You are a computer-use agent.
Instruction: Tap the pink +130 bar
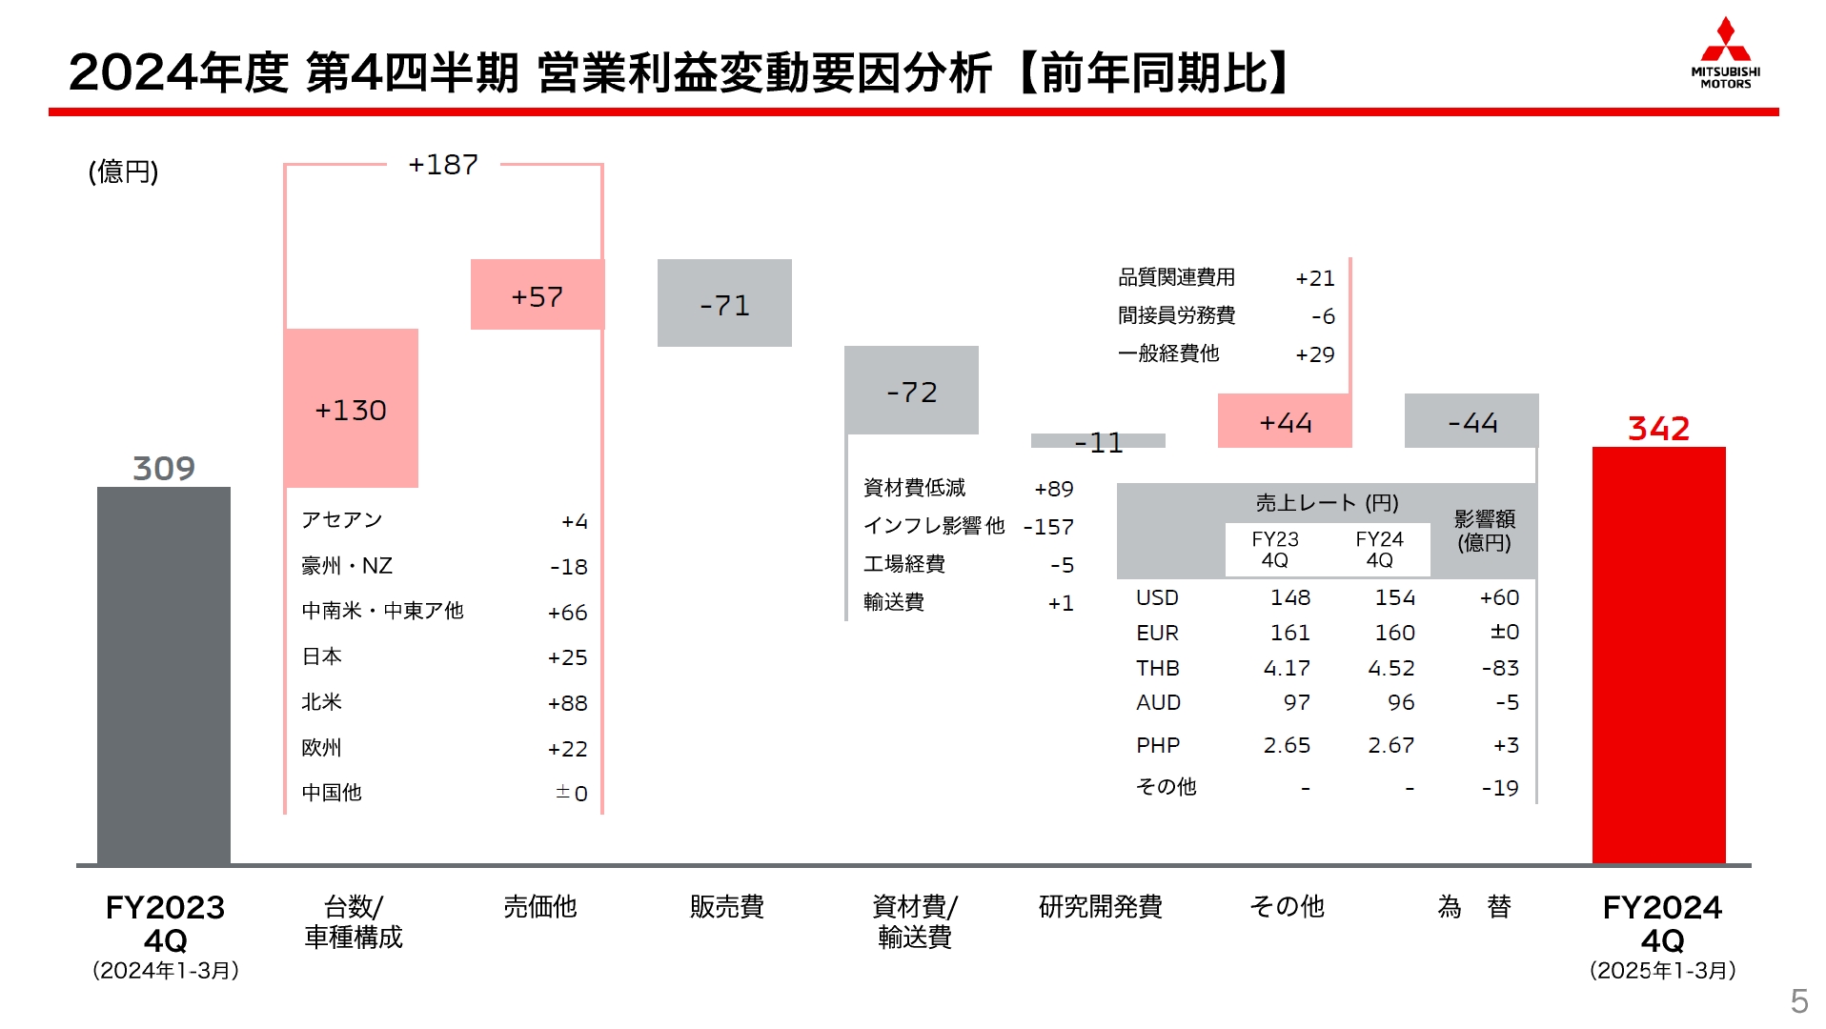pyautogui.click(x=351, y=409)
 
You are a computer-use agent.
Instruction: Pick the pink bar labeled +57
pyautogui.click(x=537, y=295)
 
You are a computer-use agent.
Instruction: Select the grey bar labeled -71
pyautogui.click(x=724, y=303)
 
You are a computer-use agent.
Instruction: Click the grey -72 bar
pyautogui.click(x=911, y=391)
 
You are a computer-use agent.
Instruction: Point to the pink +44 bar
pyautogui.click(x=1285, y=421)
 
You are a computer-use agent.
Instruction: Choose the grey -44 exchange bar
pyautogui.click(x=1471, y=421)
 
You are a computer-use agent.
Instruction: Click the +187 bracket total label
pyautogui.click(x=443, y=165)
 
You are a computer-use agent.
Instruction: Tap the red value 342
pyautogui.click(x=1658, y=428)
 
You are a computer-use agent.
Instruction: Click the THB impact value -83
pyautogui.click(x=1500, y=668)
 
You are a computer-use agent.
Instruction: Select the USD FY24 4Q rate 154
pyautogui.click(x=1394, y=597)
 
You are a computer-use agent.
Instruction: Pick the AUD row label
pyautogui.click(x=1158, y=702)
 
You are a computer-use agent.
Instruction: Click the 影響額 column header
pyautogui.click(x=1484, y=531)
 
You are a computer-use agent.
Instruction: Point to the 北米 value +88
pyautogui.click(x=567, y=703)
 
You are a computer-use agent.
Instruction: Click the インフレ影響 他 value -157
pyautogui.click(x=1048, y=527)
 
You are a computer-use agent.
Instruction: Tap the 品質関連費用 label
pyautogui.click(x=1176, y=277)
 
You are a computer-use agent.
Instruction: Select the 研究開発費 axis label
pyautogui.click(x=1100, y=906)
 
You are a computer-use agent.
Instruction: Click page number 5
pyautogui.click(x=1798, y=1001)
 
